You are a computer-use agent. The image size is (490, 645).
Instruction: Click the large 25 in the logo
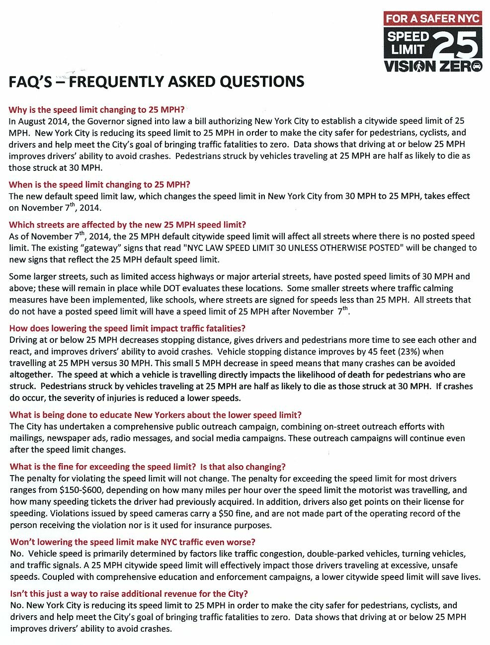coord(457,45)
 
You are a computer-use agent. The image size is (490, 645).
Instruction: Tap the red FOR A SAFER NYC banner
coord(432,18)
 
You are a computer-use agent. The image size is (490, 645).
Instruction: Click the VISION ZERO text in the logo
coord(432,66)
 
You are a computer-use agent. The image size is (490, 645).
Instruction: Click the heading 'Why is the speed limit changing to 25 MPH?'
coord(96,110)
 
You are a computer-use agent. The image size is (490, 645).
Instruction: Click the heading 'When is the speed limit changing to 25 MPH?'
coord(99,184)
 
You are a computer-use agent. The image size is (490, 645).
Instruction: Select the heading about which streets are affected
coord(127,225)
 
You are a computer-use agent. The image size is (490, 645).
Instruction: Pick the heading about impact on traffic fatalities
coord(127,328)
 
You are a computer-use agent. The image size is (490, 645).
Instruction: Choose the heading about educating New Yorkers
coord(155,415)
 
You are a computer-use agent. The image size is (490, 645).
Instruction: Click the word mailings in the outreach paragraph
coord(26,438)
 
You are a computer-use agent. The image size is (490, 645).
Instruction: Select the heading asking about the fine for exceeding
coord(148,467)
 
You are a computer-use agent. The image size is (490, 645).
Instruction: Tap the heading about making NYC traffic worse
coord(133,542)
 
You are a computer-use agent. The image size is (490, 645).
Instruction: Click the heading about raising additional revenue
coord(129,594)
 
